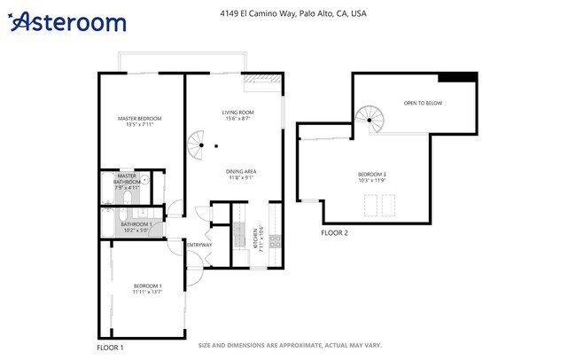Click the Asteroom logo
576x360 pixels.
coord(67,22)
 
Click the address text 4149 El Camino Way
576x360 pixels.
coord(292,14)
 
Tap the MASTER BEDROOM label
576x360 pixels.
coord(140,118)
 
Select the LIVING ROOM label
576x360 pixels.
coord(237,113)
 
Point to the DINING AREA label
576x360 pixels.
coord(240,170)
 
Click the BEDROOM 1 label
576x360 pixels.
coord(147,285)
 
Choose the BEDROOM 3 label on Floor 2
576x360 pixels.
coord(372,174)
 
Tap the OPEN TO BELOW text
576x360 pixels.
coord(423,104)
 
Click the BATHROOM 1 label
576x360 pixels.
coord(137,224)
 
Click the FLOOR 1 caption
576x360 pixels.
coord(110,348)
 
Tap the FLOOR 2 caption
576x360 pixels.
coord(334,233)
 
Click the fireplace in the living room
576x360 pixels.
coord(262,81)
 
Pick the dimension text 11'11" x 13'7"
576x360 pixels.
coord(147,291)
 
